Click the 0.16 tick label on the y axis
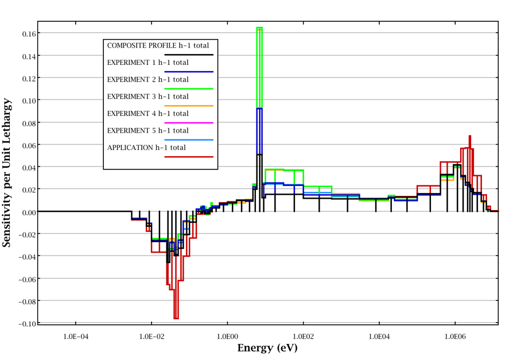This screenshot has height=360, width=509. (26, 33)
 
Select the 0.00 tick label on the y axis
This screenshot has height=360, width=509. (26, 212)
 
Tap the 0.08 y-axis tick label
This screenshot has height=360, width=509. (26, 122)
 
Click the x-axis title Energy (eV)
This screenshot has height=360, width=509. (267, 348)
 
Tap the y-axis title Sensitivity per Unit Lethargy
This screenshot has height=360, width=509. (7, 172)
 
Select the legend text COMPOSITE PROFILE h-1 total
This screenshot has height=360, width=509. (158, 45)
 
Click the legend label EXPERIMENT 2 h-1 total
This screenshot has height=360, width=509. (148, 79)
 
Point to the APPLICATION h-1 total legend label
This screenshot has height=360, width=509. (147, 148)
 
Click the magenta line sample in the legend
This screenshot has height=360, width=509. (189, 123)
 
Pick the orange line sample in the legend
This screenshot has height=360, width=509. (189, 106)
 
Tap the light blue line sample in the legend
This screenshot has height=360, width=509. (189, 140)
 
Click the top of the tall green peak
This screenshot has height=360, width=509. (259, 28)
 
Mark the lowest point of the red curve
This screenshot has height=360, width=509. (176, 318)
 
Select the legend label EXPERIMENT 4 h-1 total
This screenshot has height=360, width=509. (148, 114)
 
